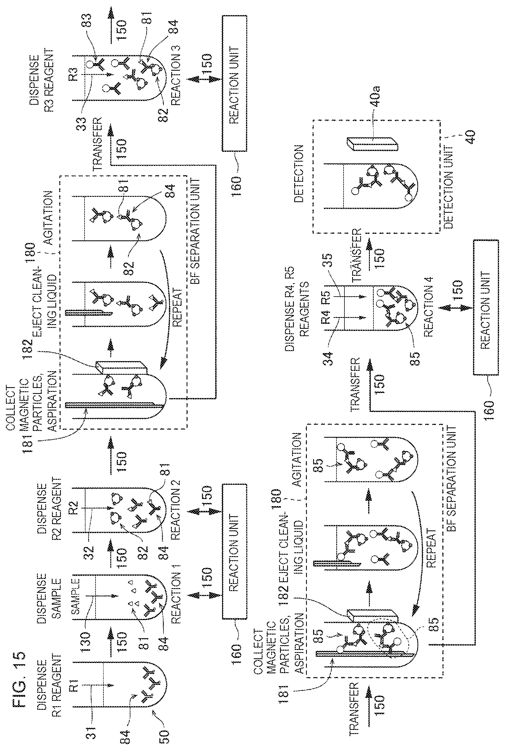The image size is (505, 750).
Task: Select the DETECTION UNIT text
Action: [448, 187]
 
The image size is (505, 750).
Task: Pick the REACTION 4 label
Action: [428, 308]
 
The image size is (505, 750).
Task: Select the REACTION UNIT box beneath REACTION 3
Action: [234, 83]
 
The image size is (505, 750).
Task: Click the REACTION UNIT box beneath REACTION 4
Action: [486, 307]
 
